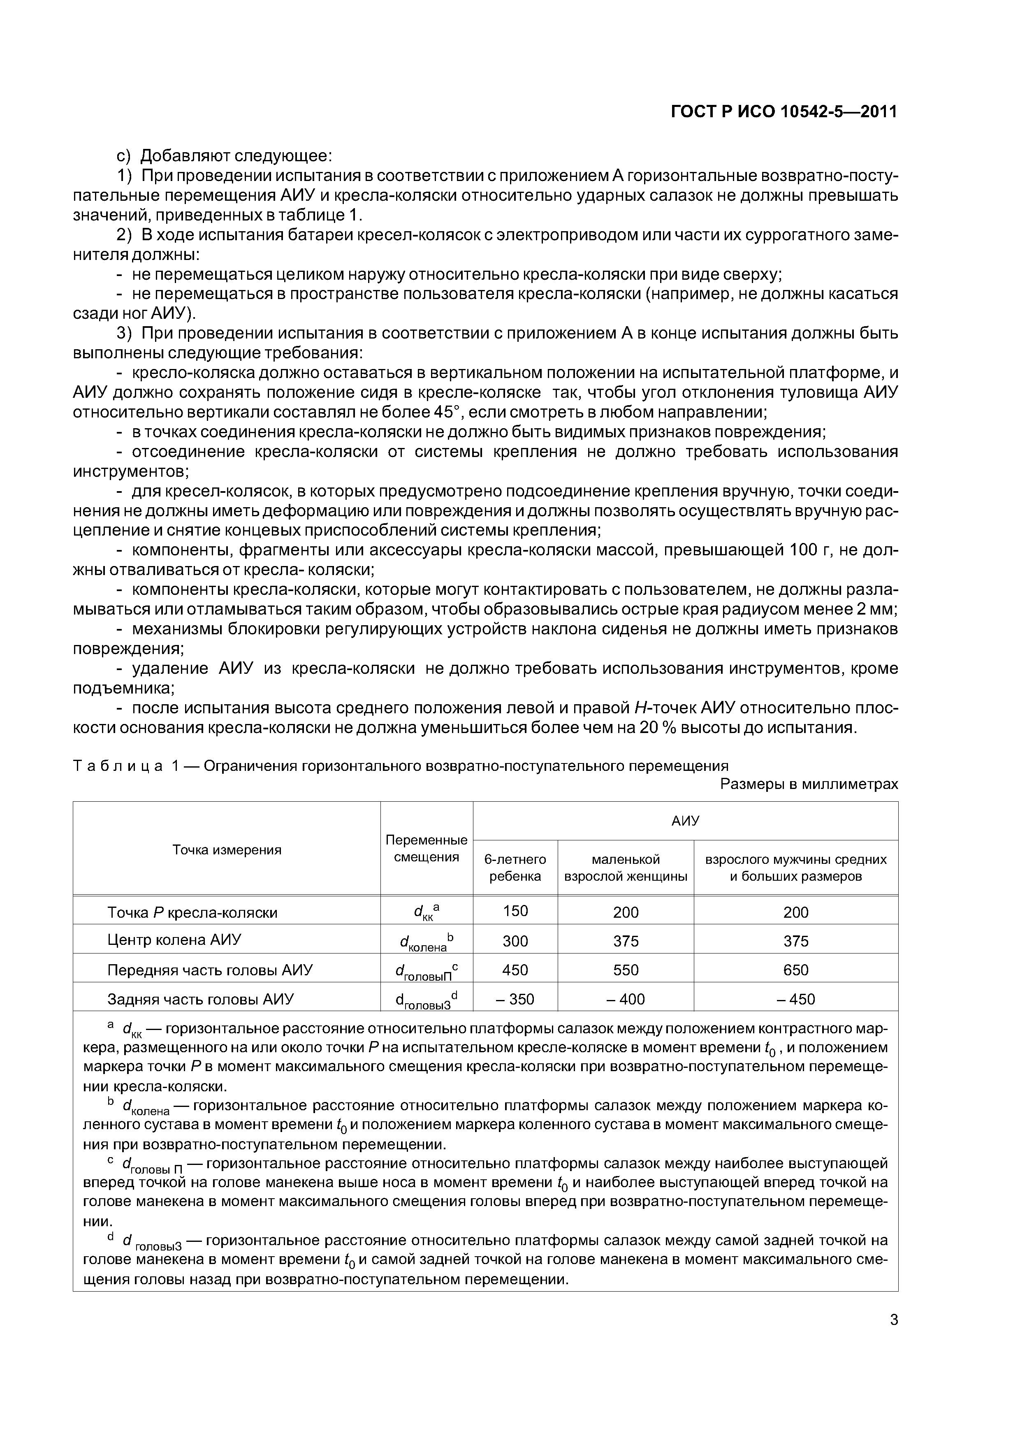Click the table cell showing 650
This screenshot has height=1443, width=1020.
795,970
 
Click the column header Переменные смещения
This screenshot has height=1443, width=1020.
426,849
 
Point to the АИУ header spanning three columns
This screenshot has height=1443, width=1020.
685,821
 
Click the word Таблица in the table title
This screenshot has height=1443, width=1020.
118,766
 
